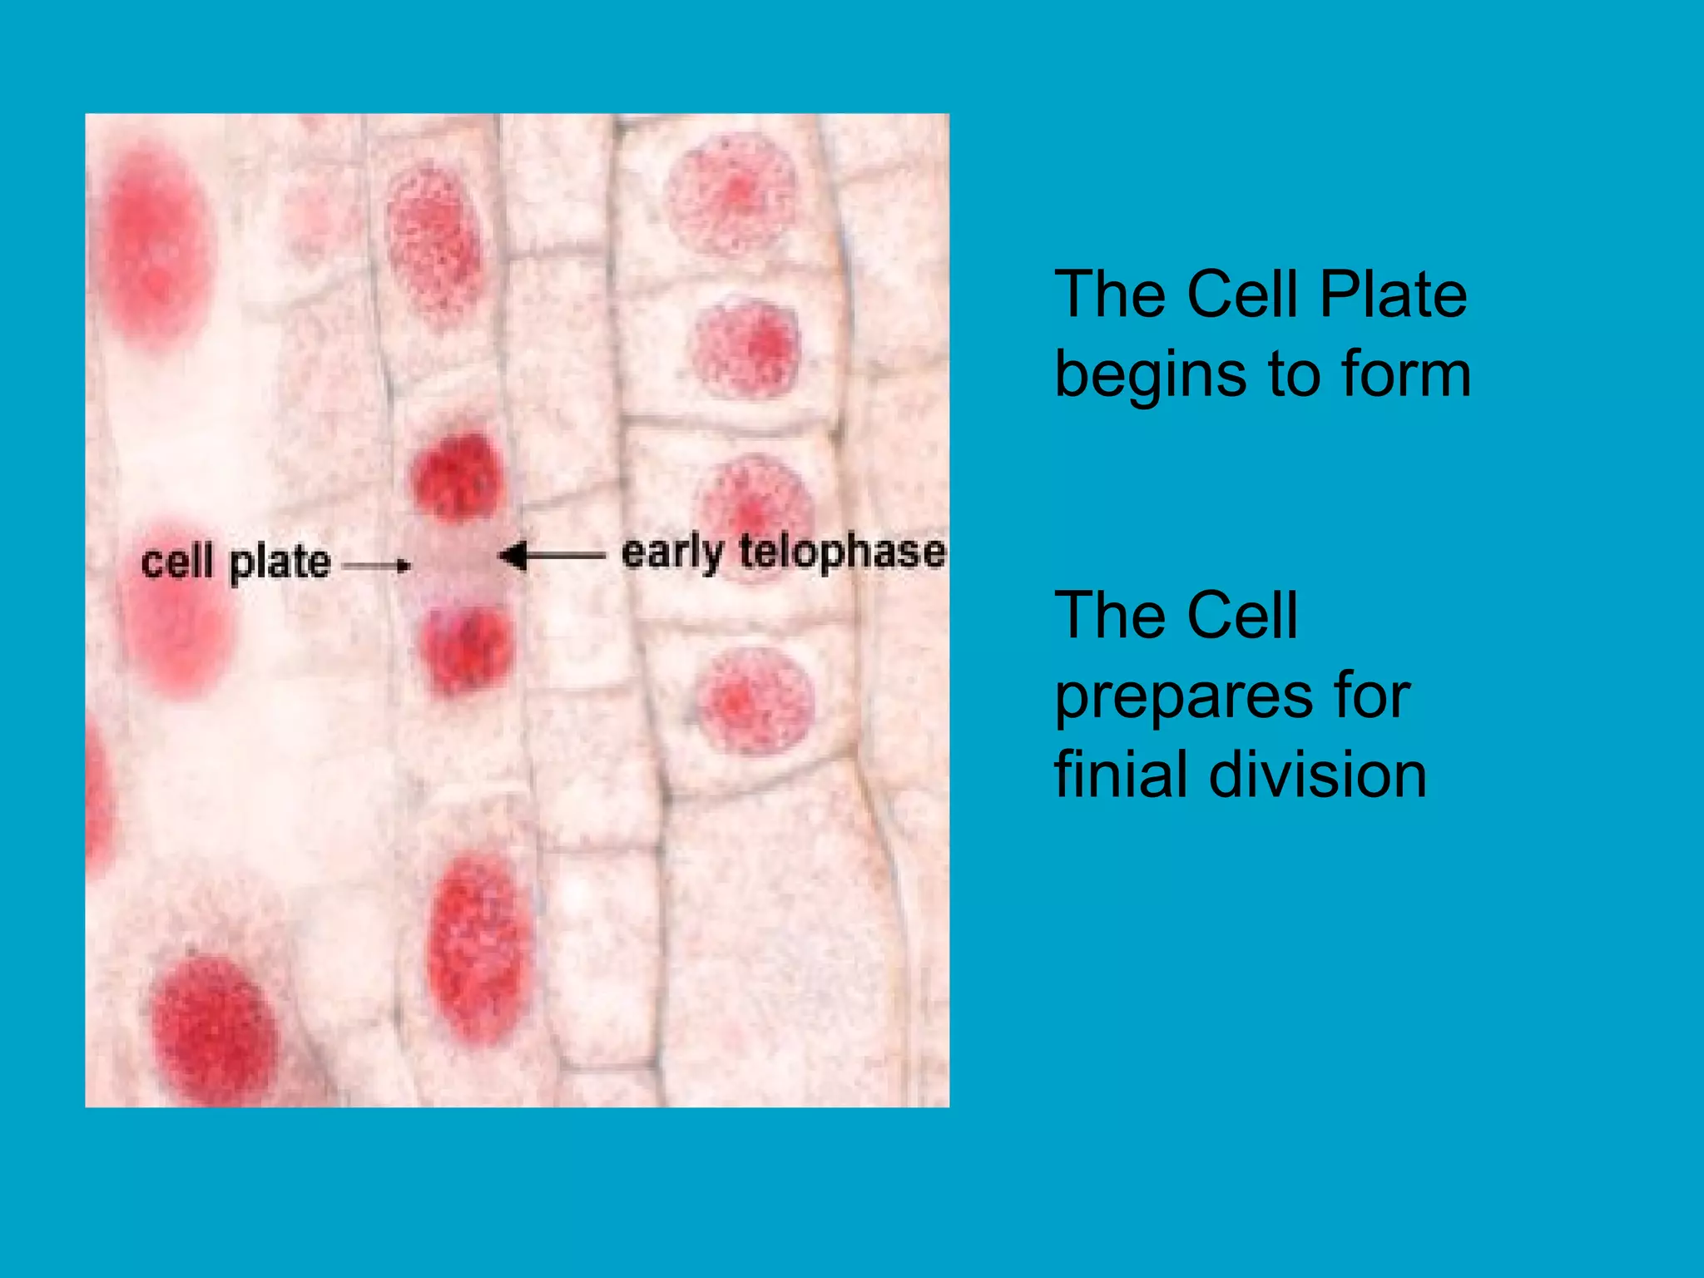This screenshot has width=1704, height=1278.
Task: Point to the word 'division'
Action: point(1318,774)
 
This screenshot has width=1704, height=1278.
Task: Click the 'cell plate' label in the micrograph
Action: point(235,562)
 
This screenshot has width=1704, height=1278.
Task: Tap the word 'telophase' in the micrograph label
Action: point(842,552)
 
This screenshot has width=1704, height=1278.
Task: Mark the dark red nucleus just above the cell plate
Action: point(457,478)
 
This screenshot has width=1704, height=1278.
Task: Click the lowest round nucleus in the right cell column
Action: point(755,701)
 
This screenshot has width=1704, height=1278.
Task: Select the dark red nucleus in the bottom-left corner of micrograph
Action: point(213,1028)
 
